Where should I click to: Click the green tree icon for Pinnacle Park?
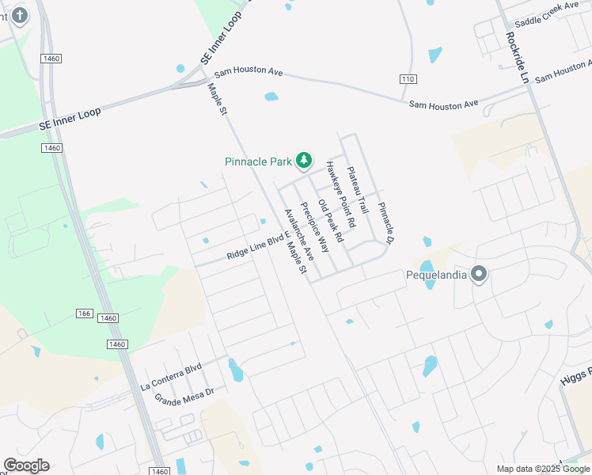pos(303,161)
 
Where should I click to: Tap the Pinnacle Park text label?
pos(259,161)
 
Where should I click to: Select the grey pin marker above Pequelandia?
pos(478,275)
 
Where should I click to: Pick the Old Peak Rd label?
pos(330,221)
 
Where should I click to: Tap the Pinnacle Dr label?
pos(385,222)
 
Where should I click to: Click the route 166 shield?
pos(85,313)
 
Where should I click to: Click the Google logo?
pos(26,465)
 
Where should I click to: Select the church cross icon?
pos(19,15)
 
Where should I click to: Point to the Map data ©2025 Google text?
pos(543,469)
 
